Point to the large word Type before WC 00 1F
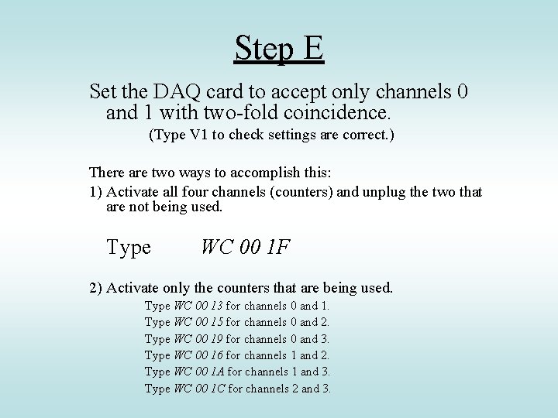point(129,248)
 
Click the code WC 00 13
point(199,307)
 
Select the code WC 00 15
point(199,323)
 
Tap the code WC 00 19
point(199,339)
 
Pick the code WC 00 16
point(199,355)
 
